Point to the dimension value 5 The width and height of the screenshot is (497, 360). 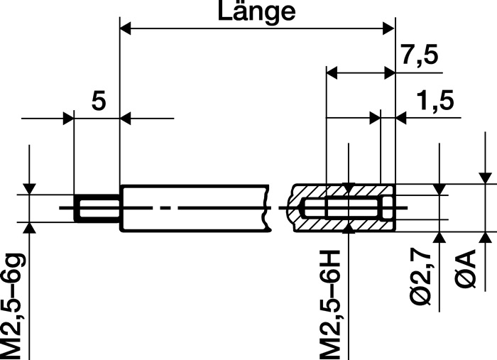coord(99,102)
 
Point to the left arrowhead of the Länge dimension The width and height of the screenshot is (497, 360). coord(125,29)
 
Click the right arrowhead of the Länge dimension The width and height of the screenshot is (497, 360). coord(388,29)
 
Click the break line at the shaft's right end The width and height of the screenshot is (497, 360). coord(269,209)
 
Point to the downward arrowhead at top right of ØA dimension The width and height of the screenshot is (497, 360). coord(485,178)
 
